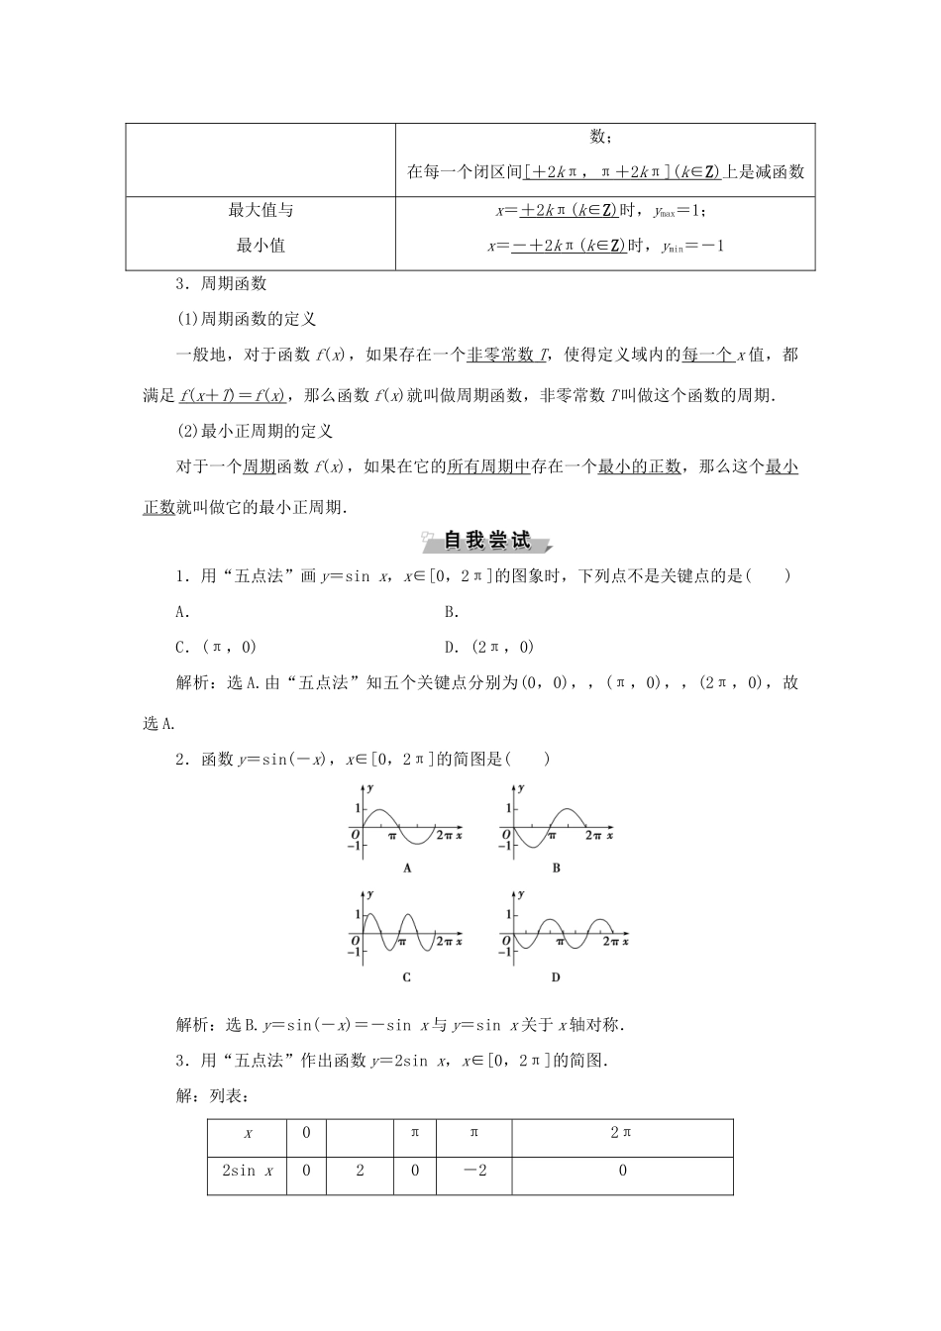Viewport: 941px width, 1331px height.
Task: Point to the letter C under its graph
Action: point(407,977)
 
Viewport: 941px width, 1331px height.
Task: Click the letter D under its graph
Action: point(556,977)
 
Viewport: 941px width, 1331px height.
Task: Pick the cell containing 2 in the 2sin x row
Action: point(360,1171)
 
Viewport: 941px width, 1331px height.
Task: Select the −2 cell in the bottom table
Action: point(474,1171)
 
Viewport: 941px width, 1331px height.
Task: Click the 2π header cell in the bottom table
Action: point(622,1133)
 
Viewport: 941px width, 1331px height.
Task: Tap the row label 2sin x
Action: point(247,1171)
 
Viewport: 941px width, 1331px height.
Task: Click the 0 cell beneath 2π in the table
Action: point(622,1171)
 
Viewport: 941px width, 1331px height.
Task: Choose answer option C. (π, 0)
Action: point(216,647)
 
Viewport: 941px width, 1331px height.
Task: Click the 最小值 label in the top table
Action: point(261,246)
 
